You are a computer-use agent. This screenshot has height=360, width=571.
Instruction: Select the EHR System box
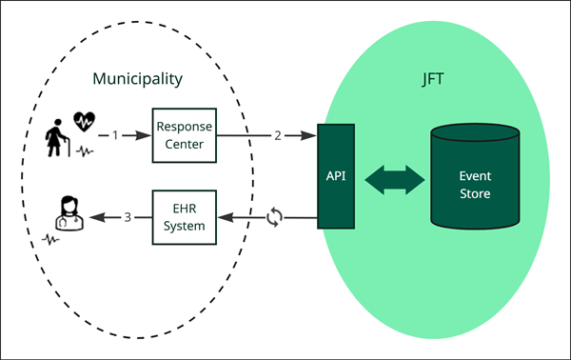point(184,219)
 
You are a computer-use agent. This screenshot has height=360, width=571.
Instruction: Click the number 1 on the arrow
point(116,136)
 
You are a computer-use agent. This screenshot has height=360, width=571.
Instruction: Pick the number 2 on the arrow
point(278,136)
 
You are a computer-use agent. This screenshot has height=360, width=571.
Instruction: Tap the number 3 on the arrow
point(128,218)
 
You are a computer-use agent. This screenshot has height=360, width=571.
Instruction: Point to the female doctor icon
point(68,214)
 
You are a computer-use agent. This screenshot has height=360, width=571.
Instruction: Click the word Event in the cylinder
point(475,176)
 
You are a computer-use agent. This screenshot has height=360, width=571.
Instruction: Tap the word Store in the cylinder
point(475,193)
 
